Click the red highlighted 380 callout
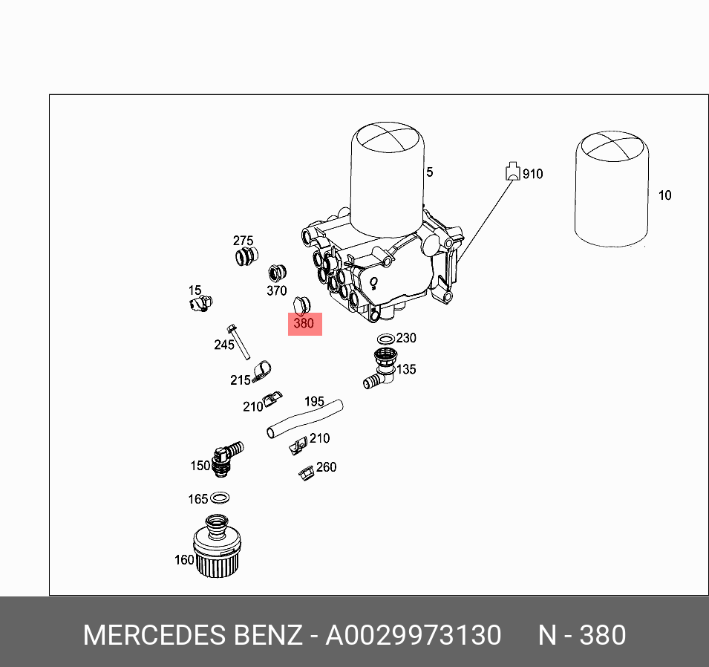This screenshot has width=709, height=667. pyautogui.click(x=304, y=324)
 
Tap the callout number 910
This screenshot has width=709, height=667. pyautogui.click(x=532, y=174)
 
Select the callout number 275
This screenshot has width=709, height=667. pyautogui.click(x=243, y=241)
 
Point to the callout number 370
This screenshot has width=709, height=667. pyautogui.click(x=276, y=290)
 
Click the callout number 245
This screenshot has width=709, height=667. pyautogui.click(x=223, y=345)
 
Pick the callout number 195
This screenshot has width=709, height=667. pyautogui.click(x=314, y=401)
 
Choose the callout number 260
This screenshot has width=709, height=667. pyautogui.click(x=326, y=467)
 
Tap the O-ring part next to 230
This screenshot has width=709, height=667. pyautogui.click(x=385, y=339)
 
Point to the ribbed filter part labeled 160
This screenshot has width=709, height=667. pyautogui.click(x=217, y=550)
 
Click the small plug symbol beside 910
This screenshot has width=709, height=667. pyautogui.click(x=512, y=172)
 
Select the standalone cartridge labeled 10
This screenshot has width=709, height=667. pyautogui.click(x=612, y=189)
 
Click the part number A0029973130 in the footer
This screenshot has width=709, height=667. pyautogui.click(x=414, y=636)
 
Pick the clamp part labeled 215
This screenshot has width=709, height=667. pyautogui.click(x=261, y=370)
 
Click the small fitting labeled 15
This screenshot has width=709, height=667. pyautogui.click(x=200, y=303)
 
